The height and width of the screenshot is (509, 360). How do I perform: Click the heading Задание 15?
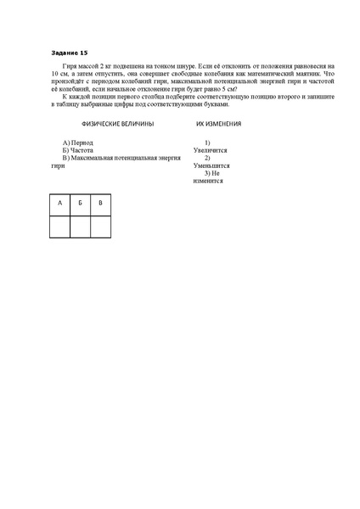tap(69, 52)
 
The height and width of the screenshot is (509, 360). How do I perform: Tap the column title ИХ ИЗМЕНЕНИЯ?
tap(218, 123)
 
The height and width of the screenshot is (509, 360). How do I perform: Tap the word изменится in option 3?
tap(208, 181)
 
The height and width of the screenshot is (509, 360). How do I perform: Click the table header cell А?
tap(59, 204)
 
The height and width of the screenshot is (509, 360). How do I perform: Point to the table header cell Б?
tap(80, 204)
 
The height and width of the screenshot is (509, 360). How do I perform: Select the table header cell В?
tap(100, 204)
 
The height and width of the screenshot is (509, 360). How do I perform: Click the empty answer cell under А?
tap(59, 227)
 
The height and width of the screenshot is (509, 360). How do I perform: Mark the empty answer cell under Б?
tap(80, 227)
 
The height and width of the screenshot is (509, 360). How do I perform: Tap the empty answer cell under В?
tap(100, 227)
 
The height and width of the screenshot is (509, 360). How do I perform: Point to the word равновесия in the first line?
tap(305, 64)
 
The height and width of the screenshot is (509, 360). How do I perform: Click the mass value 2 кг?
tap(106, 64)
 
